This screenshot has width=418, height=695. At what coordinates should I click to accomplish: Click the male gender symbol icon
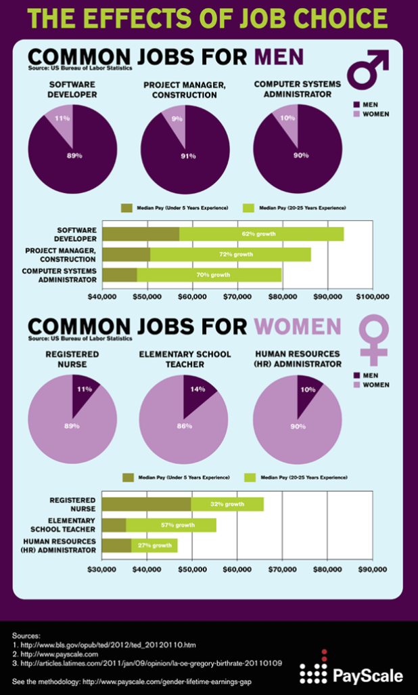[367, 68]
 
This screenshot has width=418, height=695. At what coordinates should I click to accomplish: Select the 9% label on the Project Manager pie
[177, 119]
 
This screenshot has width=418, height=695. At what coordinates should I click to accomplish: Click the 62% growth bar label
[260, 234]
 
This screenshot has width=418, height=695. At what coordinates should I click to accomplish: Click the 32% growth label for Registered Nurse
[227, 504]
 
